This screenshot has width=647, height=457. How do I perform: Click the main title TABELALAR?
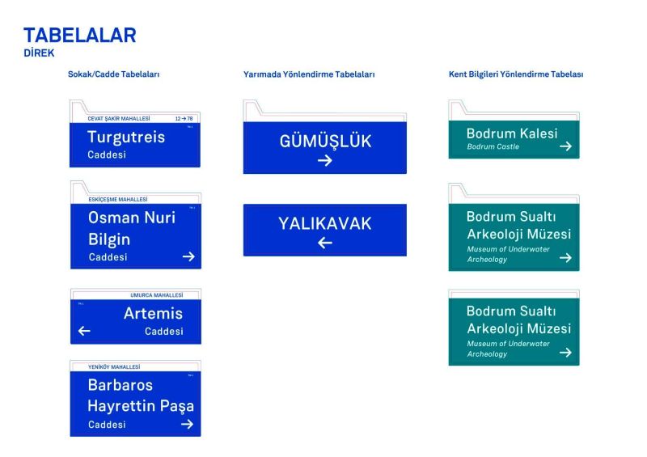pyautogui.click(x=79, y=35)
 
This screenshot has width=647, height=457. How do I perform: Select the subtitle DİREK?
pyautogui.click(x=39, y=53)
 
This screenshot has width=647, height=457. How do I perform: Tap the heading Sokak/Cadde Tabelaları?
pyautogui.click(x=113, y=74)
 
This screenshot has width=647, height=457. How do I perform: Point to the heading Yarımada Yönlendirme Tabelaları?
pyautogui.click(x=309, y=74)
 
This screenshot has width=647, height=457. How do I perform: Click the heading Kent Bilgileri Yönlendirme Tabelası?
pyautogui.click(x=516, y=74)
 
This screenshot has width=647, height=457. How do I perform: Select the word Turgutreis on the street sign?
pyautogui.click(x=126, y=137)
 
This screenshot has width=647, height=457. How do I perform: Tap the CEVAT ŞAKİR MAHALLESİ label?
pyautogui.click(x=119, y=119)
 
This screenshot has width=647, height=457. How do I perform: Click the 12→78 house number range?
pyautogui.click(x=184, y=119)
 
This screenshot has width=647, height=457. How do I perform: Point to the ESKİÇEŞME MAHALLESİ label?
pyautogui.click(x=118, y=199)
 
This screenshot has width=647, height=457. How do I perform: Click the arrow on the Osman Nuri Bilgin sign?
pyautogui.click(x=188, y=257)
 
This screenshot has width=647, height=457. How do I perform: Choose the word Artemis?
pyautogui.click(x=153, y=313)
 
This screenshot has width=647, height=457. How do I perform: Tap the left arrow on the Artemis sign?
pyautogui.click(x=84, y=331)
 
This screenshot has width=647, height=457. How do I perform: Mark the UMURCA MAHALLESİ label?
pyautogui.click(x=157, y=295)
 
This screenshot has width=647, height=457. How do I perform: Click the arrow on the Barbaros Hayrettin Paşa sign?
pyautogui.click(x=188, y=425)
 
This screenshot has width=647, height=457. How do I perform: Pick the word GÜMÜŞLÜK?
pyautogui.click(x=324, y=142)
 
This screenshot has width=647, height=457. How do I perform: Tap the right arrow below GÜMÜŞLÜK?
pyautogui.click(x=324, y=161)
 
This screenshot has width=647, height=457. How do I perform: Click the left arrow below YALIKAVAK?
pyautogui.click(x=324, y=243)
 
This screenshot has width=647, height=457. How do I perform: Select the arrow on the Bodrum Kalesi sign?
pyautogui.click(x=565, y=146)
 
